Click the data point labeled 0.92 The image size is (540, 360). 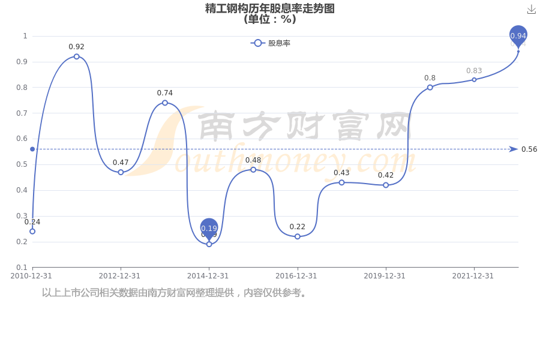click(76, 56)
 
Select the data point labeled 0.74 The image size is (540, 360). click(165, 103)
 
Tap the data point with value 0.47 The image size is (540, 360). click(121, 172)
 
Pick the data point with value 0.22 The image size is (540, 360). click(297, 236)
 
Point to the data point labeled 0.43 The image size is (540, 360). click(341, 182)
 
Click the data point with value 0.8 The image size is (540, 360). click(430, 88)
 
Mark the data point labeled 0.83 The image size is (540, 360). click(474, 80)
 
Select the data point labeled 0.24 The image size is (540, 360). click(32, 231)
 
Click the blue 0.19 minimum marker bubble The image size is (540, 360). click(209, 228)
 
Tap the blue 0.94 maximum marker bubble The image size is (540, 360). click(518, 35)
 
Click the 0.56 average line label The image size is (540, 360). click(529, 149)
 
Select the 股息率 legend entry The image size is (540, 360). click(271, 43)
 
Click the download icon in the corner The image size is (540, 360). click(531, 10)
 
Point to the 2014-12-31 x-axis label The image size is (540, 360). click(208, 276)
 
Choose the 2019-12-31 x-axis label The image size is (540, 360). click(385, 276)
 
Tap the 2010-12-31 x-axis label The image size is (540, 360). click(31, 276)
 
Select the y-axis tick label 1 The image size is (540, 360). click(25, 36)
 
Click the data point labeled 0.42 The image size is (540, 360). click(386, 185)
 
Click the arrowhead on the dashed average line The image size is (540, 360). click(513, 149)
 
